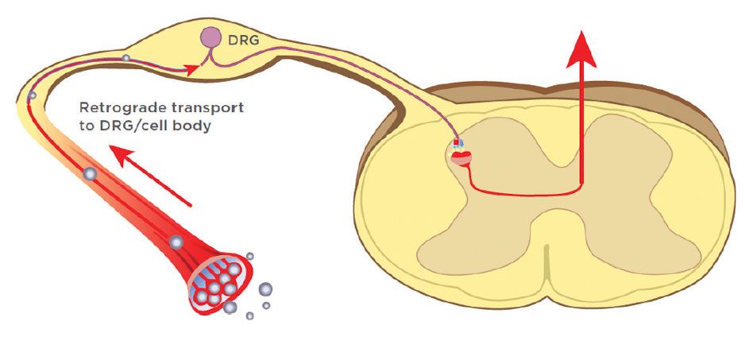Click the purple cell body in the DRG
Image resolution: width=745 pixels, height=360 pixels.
point(210,37)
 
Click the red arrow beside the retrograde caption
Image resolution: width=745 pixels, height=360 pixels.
point(151,175)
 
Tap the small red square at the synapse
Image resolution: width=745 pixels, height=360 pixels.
point(456,143)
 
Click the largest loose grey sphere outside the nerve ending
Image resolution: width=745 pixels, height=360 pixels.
point(265,288)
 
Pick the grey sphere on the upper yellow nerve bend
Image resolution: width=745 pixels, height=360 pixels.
point(32,97)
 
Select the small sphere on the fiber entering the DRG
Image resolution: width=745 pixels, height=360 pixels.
point(125,58)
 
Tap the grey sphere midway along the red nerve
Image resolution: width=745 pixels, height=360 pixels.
point(91,172)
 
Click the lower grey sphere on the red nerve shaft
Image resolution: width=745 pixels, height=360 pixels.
point(176,242)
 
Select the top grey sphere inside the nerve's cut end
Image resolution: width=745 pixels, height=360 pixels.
point(234,270)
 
